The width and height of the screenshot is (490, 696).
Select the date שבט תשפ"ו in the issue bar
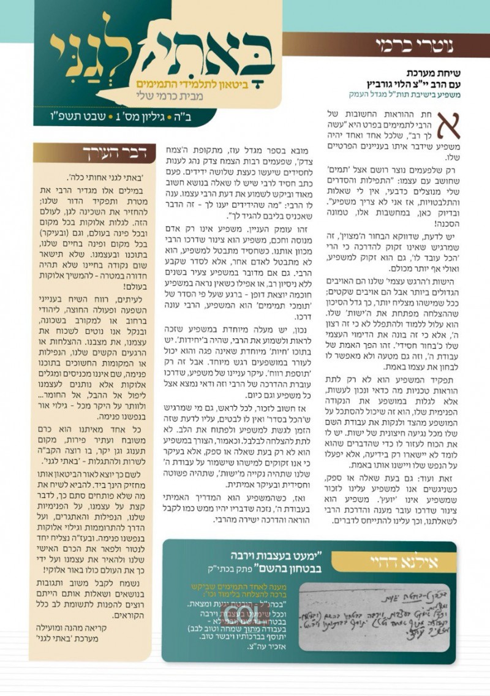coord(71,115)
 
